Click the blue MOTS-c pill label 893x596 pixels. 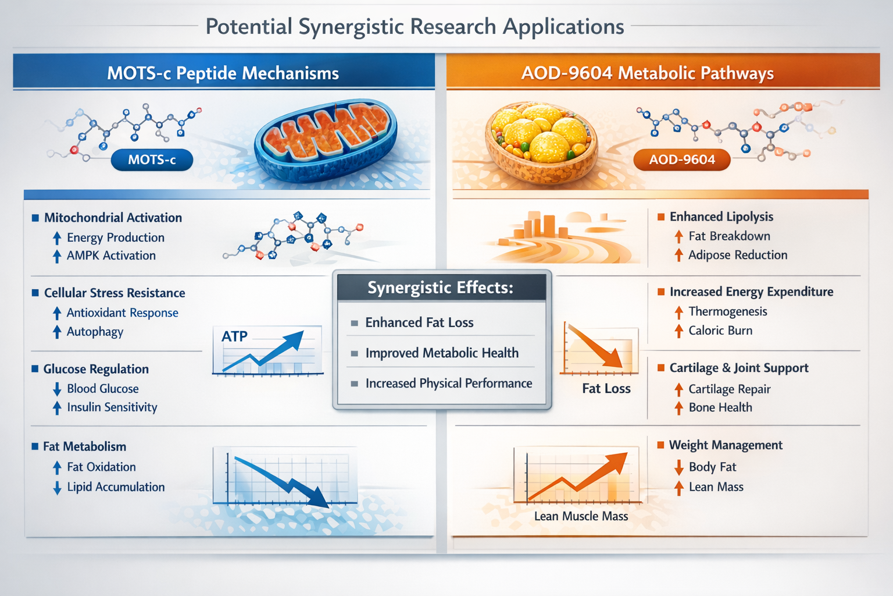(152, 159)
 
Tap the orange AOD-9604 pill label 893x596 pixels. (681, 159)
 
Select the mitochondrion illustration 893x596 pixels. (326, 140)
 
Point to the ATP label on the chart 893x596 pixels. (234, 336)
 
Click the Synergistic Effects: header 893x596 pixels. (441, 288)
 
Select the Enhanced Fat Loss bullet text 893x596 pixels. (419, 322)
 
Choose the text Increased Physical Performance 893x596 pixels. (448, 383)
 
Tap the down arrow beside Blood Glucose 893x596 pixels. (57, 389)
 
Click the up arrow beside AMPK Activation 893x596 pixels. (57, 256)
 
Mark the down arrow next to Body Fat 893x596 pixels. (678, 467)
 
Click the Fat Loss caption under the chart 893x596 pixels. (606, 389)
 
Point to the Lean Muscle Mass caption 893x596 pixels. (581, 516)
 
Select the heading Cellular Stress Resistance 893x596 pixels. (115, 293)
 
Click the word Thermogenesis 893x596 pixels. (728, 311)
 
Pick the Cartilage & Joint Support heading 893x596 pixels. (739, 368)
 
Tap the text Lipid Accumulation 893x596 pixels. (116, 487)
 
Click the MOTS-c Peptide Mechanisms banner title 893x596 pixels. (223, 73)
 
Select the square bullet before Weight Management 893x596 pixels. (660, 445)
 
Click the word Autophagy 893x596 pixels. (95, 332)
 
